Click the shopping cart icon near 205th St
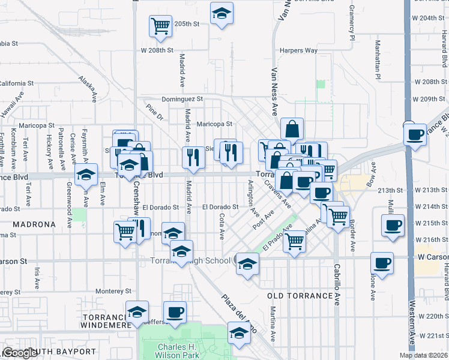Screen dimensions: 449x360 pos(160,26)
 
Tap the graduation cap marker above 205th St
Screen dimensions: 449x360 pos(221,14)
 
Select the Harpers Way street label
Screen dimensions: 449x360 pos(298,50)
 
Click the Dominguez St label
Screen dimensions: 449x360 pos(182,99)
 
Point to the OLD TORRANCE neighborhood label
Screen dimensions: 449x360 pos(300,296)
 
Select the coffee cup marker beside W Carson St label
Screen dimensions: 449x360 pos(382,263)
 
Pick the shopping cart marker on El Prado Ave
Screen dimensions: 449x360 pos(294,241)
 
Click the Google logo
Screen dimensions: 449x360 pos(19,353)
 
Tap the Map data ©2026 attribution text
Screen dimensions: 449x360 pos(424,355)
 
